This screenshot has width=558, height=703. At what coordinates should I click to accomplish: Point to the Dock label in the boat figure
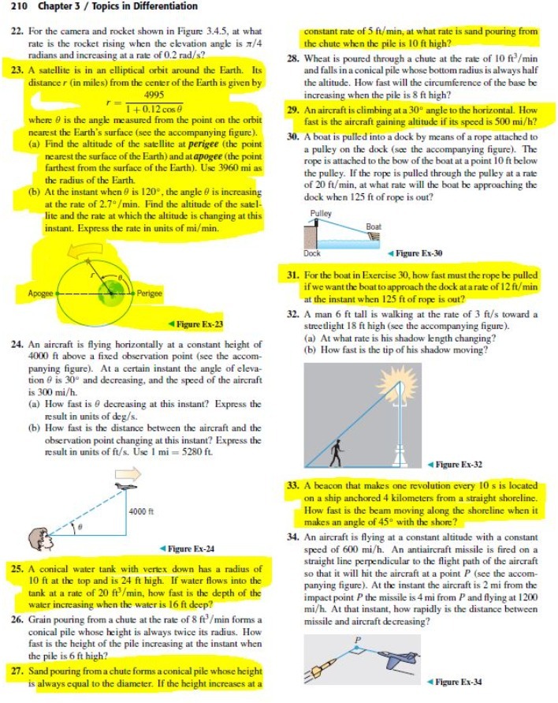[x=312, y=253]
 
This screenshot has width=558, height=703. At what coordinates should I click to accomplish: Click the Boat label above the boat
[x=375, y=226]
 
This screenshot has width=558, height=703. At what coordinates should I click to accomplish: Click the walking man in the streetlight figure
[x=338, y=452]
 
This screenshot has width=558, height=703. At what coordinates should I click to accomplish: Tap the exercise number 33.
[x=289, y=485]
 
